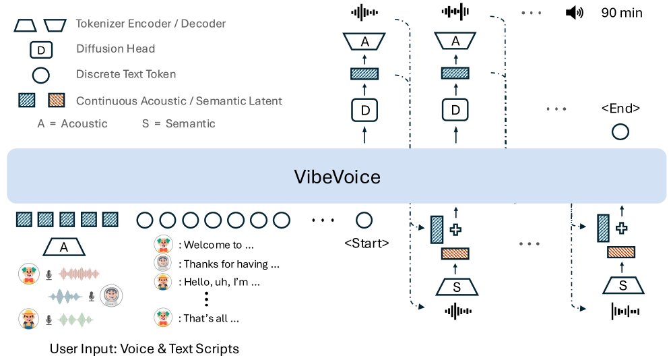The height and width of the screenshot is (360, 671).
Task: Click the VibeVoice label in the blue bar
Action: coord(337,177)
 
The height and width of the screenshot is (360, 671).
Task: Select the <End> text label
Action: coord(620,109)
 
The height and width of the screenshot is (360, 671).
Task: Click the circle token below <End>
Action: coord(620,132)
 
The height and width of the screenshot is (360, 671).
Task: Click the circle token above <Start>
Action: coord(364,220)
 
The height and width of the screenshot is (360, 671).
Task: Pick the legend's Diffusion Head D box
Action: coord(40,49)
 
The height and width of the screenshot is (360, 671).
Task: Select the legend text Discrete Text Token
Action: coord(126,74)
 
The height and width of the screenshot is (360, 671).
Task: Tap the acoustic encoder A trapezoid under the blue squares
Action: coord(64,247)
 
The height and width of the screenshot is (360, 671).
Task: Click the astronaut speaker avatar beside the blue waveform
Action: coord(110,295)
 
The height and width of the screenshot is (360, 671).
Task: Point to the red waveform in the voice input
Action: coord(79,274)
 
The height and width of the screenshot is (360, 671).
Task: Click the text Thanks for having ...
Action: coord(226,264)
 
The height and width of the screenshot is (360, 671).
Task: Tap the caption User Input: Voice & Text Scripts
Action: coord(144,349)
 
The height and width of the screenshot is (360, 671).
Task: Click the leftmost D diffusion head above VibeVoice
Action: coord(364,109)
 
